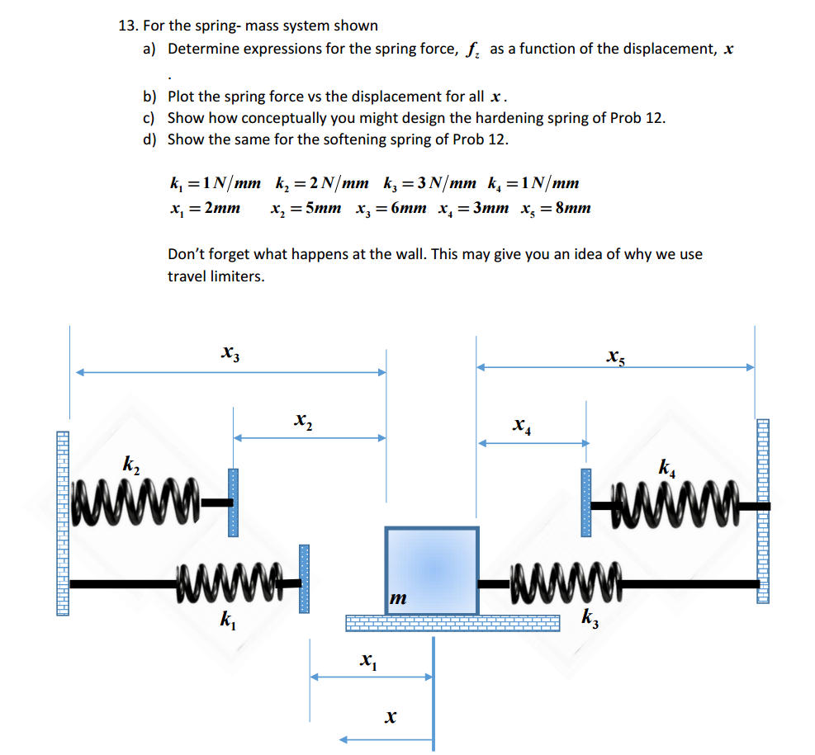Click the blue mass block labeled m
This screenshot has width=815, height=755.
(431, 570)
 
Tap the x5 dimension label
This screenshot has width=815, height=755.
(614, 356)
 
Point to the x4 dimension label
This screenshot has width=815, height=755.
(521, 426)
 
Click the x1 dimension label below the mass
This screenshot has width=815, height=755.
(367, 659)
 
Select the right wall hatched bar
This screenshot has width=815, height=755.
(763, 512)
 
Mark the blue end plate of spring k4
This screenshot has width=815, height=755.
(586, 503)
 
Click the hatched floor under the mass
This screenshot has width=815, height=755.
(429, 623)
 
